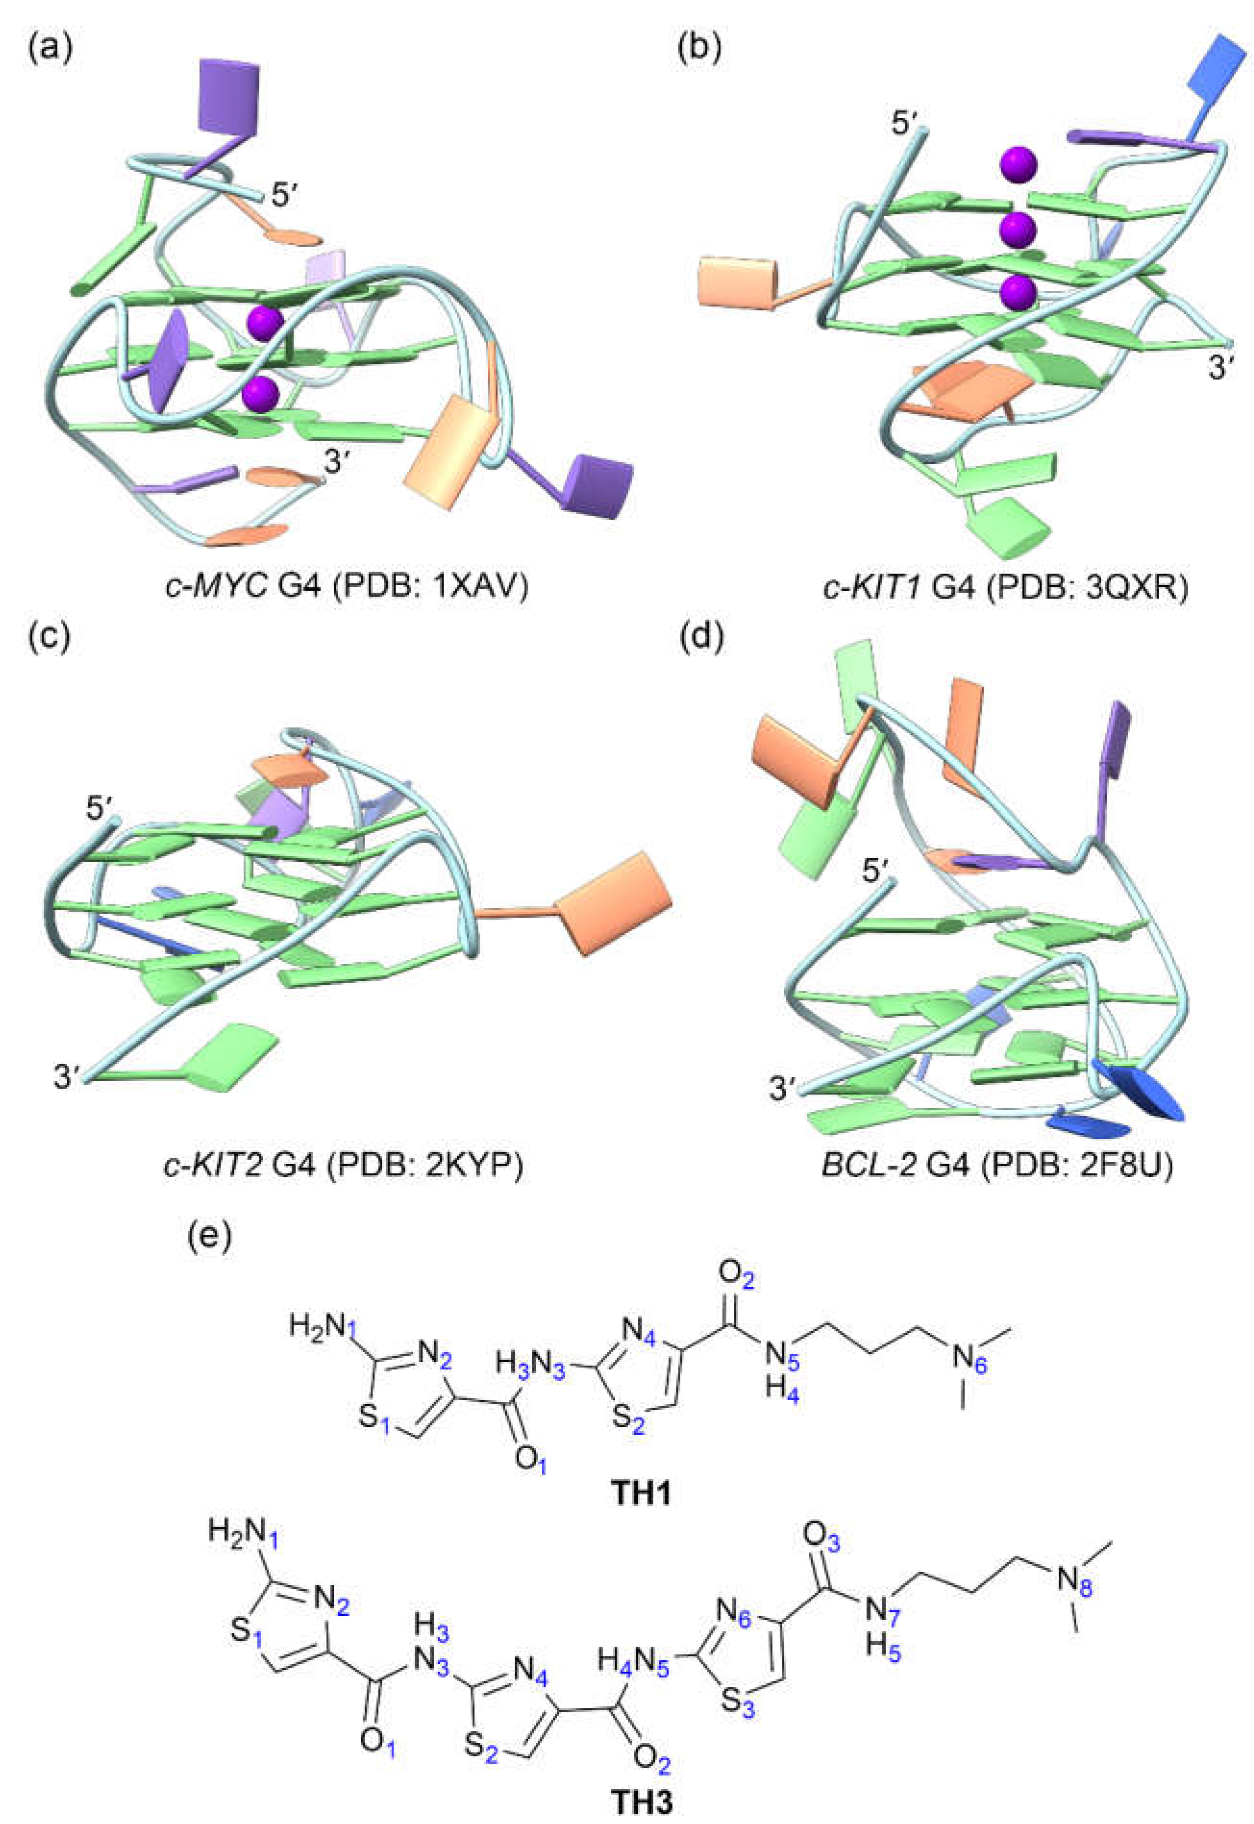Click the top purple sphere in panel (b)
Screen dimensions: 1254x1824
1018,164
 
